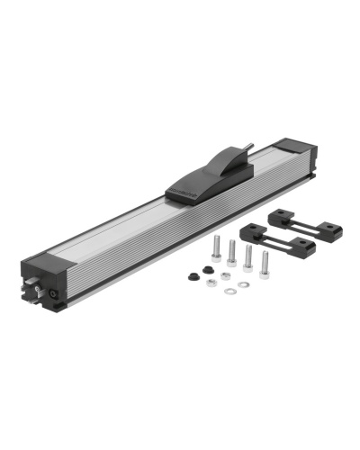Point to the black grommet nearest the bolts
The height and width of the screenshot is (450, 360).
point(207,269)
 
